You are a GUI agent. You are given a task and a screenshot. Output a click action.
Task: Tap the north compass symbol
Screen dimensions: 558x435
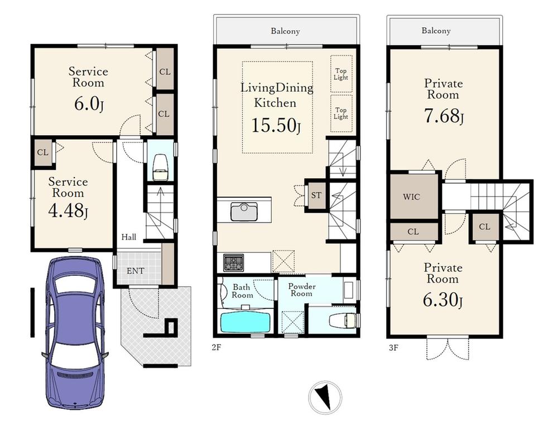325,397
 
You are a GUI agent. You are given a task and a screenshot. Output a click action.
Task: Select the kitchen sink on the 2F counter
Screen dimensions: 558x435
244,211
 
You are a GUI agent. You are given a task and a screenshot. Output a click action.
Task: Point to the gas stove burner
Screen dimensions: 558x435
233,263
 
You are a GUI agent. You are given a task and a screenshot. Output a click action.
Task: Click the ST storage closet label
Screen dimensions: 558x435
316,195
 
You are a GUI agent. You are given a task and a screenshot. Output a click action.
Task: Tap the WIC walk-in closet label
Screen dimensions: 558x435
411,197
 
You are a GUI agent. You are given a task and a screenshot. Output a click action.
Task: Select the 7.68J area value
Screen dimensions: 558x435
444,116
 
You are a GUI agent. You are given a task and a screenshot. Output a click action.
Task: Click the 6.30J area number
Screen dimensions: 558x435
442,300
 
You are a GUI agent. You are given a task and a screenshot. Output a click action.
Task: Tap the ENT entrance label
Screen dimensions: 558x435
136,271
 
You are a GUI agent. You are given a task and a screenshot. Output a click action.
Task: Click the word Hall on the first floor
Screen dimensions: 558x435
128,237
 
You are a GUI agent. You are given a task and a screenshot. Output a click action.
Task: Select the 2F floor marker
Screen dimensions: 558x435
217,347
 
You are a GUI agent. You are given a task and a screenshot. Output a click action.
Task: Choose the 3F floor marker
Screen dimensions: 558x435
393,347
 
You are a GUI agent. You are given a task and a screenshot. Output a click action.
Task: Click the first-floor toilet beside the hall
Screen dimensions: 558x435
160,168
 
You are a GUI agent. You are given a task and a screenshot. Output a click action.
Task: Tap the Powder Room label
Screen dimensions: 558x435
302,290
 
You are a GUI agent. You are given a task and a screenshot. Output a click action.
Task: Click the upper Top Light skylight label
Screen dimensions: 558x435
341,74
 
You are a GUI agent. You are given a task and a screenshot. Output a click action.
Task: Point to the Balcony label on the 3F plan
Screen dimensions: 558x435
436,31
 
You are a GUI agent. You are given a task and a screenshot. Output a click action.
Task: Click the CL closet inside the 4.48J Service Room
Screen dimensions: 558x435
43,152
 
